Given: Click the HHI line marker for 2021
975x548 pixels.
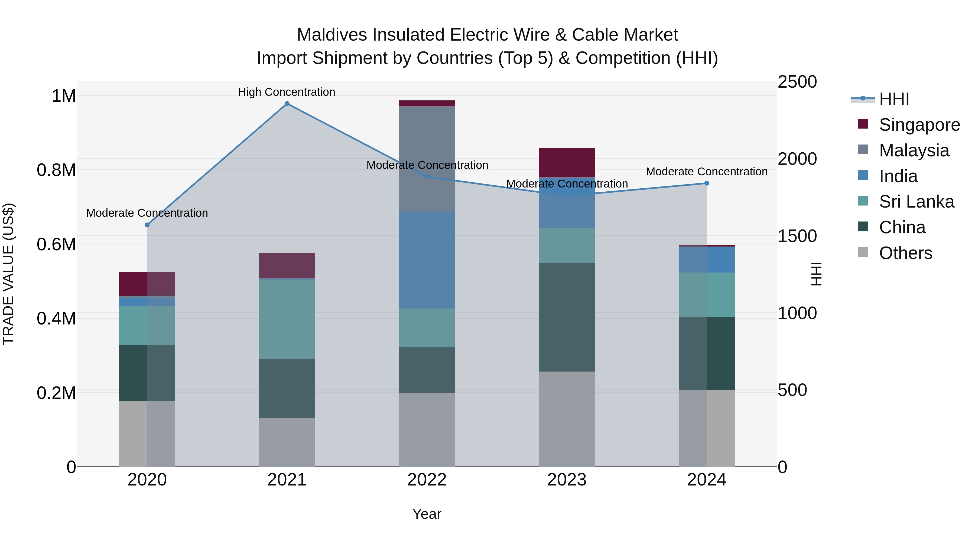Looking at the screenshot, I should tap(287, 104).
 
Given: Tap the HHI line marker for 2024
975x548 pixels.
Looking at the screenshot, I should tap(706, 183).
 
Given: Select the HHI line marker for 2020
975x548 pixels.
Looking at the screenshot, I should tap(147, 225).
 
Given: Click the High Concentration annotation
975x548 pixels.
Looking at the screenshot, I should tap(287, 92).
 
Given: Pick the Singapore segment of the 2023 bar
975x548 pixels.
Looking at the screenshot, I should tap(567, 163).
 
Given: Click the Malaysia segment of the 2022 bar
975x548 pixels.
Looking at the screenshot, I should tap(427, 159).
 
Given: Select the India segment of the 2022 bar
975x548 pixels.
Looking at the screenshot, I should tap(427, 260).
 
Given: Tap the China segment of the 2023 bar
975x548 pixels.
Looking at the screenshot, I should tap(567, 317).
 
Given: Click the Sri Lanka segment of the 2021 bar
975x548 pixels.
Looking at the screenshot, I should tap(287, 319).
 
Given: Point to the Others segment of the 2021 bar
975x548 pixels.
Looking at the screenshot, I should tap(287, 442).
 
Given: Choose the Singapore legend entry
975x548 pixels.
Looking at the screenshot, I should tap(919, 125).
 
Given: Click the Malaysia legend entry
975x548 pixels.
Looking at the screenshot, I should tap(914, 150).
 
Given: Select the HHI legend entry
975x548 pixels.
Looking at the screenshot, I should tap(894, 99).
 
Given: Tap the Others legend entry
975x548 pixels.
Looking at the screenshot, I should tap(905, 253).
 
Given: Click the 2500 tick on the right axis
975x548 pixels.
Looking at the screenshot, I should tap(797, 82).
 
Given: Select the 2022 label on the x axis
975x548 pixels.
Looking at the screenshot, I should tap(427, 480).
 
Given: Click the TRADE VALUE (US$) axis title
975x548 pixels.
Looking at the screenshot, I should tap(8, 274).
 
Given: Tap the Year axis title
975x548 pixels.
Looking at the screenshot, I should tap(427, 514).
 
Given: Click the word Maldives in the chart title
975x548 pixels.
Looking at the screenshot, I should tap(331, 35).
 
